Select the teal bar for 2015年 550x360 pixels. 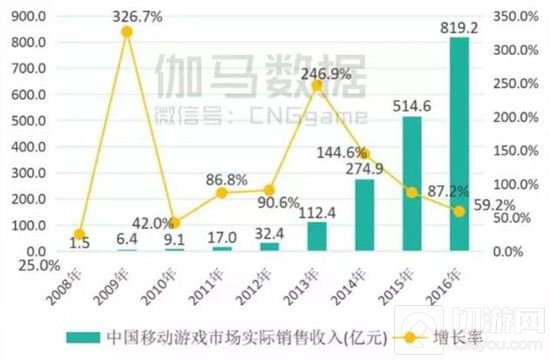[x=412, y=184]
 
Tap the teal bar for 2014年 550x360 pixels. [x=365, y=215]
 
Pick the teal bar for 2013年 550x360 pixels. [x=317, y=236]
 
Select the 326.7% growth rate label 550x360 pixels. [x=127, y=18]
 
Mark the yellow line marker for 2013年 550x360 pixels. [x=317, y=86]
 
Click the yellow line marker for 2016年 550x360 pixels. [x=459, y=211]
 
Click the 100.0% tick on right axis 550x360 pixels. [x=516, y=184]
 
